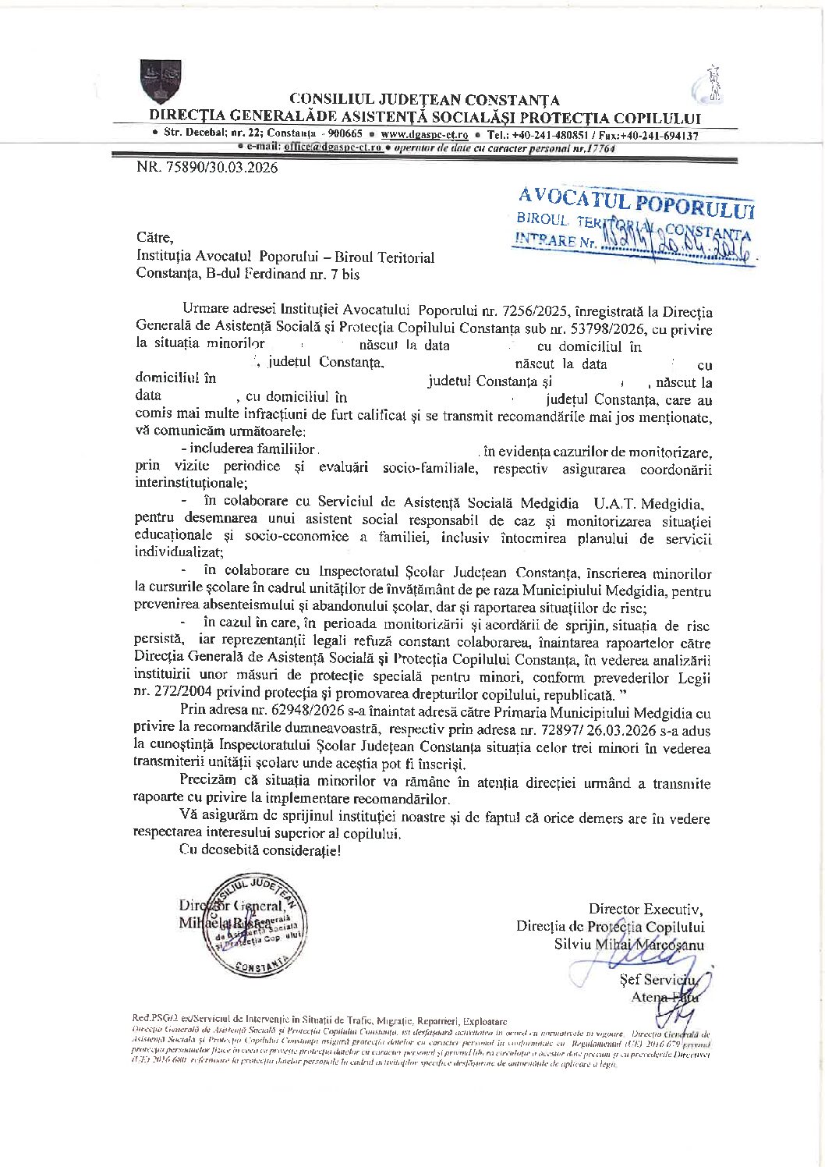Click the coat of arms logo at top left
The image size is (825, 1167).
(x=161, y=81)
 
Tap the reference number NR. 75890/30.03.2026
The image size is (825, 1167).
(x=207, y=167)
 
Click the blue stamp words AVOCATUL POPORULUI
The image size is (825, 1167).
(x=636, y=200)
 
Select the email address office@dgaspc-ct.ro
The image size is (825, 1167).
(x=333, y=147)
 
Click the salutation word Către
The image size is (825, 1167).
(x=154, y=237)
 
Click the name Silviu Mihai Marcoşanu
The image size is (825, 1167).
(x=628, y=945)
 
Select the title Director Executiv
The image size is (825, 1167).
(x=645, y=909)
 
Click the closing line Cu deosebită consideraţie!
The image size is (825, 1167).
(x=260, y=850)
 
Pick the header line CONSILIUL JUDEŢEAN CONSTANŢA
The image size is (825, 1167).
(x=424, y=100)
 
